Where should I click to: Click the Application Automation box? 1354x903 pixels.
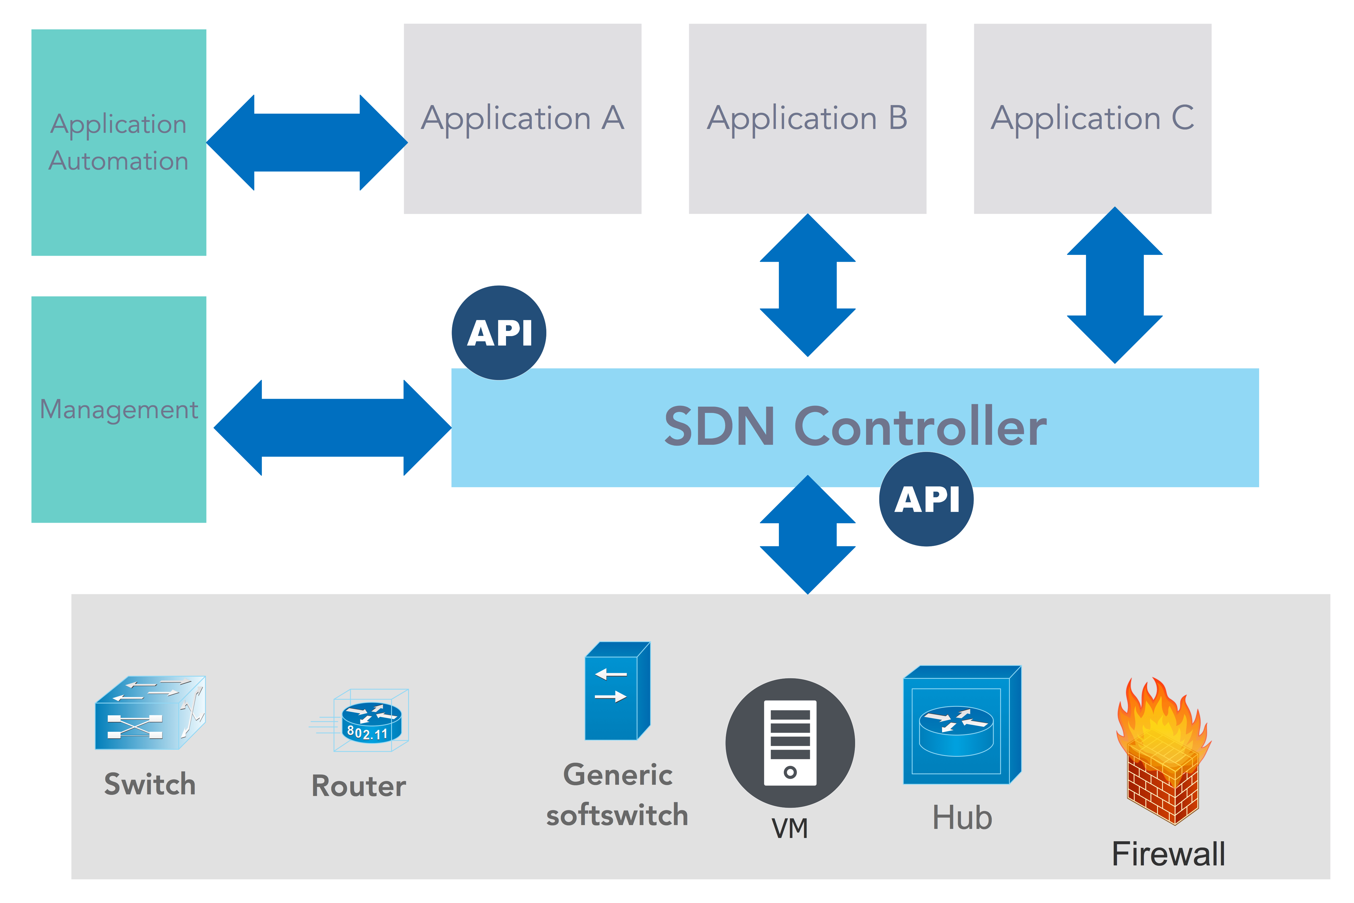coord(118,142)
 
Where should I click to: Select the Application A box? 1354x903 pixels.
coord(522,119)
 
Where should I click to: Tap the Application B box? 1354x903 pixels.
coord(807,119)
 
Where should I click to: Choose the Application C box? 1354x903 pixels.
coord(1092,119)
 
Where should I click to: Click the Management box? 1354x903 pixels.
coord(118,409)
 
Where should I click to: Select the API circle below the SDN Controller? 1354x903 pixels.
coord(926,499)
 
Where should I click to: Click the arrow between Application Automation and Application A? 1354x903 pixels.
coord(307,142)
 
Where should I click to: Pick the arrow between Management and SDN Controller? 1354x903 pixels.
coord(332,427)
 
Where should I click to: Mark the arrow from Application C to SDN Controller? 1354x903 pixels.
coord(1115,285)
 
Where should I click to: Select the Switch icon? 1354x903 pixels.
coord(150,713)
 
